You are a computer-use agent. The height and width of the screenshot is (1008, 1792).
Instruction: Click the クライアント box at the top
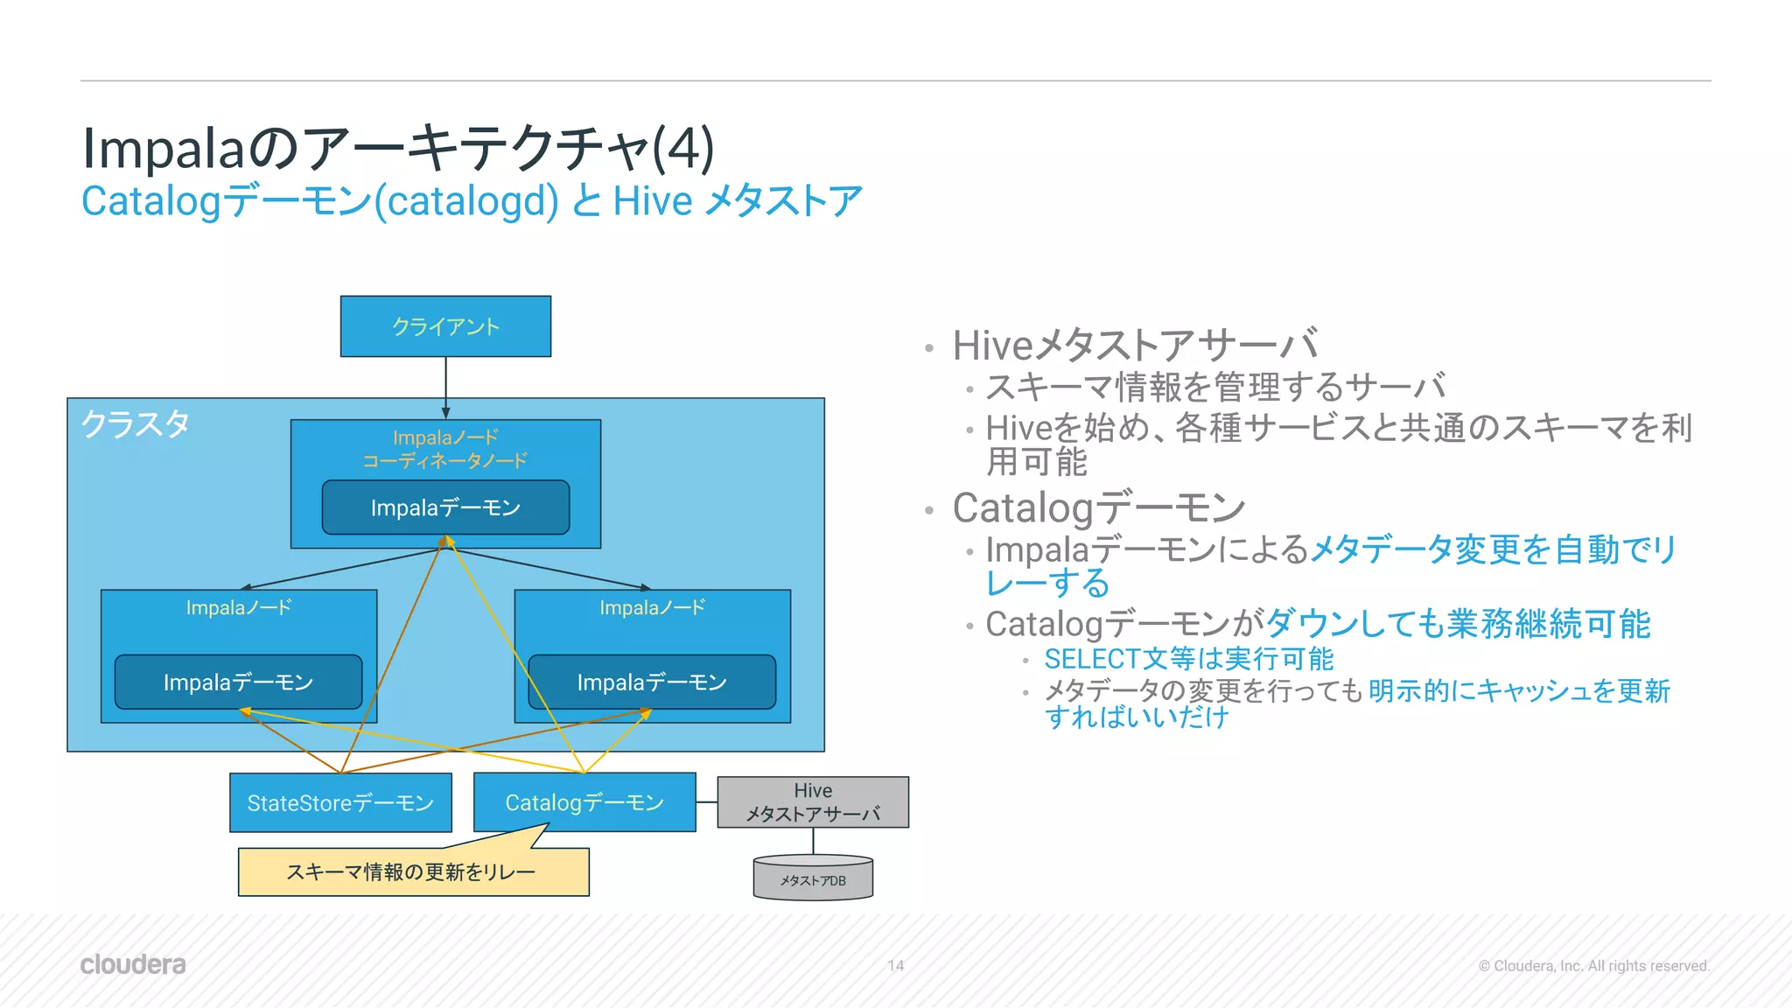click(x=445, y=326)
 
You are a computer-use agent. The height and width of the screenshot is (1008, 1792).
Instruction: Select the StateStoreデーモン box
click(x=340, y=802)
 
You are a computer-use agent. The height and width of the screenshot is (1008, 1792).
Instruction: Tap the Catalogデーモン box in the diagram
click(x=584, y=802)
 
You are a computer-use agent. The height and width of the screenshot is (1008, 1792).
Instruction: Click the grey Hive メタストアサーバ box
click(x=813, y=801)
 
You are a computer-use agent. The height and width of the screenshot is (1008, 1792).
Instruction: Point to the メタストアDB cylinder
click(x=813, y=878)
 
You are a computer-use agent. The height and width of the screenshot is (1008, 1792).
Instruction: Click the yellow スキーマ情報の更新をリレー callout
click(x=412, y=871)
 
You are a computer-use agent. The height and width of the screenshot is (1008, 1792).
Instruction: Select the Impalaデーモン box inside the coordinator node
click(x=445, y=507)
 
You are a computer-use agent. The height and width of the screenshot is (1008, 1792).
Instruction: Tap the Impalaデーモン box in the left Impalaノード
click(x=238, y=682)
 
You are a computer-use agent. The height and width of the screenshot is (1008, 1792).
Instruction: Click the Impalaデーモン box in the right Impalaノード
click(x=652, y=682)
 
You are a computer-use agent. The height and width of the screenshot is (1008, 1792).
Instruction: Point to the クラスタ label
click(x=136, y=424)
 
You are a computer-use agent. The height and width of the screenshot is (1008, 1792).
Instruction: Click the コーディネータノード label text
click(x=445, y=460)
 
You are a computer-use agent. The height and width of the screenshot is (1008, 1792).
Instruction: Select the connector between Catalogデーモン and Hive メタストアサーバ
click(x=707, y=801)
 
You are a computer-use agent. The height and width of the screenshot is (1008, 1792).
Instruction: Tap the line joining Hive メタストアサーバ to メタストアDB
click(x=814, y=841)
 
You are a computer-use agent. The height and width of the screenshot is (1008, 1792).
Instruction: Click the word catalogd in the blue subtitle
click(x=465, y=201)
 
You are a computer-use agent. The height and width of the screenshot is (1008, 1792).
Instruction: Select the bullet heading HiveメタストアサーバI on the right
click(x=1134, y=345)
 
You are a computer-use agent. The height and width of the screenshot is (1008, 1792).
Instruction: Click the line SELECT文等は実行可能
click(x=1188, y=658)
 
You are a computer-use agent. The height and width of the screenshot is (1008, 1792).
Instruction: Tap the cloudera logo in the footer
click(x=133, y=964)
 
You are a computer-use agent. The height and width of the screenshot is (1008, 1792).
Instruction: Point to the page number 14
click(x=895, y=965)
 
